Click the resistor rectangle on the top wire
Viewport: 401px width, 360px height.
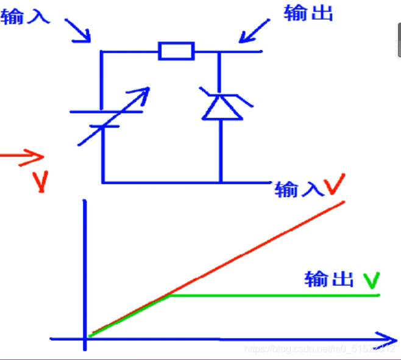176,51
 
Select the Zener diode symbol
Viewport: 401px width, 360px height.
218,104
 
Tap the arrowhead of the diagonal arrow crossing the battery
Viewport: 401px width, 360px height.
144,92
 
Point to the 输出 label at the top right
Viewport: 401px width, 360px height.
308,13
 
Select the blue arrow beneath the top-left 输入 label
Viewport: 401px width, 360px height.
78,31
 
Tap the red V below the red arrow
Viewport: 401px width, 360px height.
40,182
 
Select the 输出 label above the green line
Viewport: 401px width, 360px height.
329,279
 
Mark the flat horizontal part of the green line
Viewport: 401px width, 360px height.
274,295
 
